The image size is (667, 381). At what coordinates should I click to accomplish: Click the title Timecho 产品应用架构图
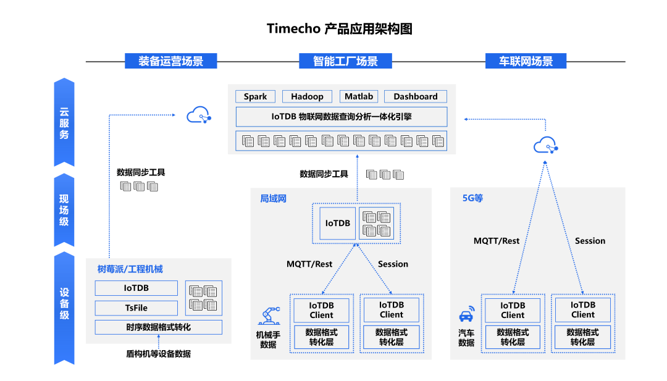pyautogui.click(x=339, y=29)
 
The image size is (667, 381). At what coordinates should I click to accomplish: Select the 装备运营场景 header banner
pyautogui.click(x=170, y=61)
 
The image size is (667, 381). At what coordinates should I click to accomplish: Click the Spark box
pyautogui.click(x=255, y=96)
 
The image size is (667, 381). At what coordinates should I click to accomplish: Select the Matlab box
pyautogui.click(x=358, y=96)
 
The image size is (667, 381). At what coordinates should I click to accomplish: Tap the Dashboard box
pyautogui.click(x=415, y=96)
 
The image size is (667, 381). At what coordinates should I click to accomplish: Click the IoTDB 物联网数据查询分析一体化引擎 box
pyautogui.click(x=341, y=116)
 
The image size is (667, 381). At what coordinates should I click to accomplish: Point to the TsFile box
pyautogui.click(x=136, y=308)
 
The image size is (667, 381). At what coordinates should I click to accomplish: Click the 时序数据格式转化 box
pyautogui.click(x=158, y=327)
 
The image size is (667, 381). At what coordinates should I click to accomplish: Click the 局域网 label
pyautogui.click(x=273, y=199)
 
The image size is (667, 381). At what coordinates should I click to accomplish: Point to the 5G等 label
pyautogui.click(x=472, y=199)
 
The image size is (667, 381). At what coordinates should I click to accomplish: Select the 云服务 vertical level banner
pyautogui.click(x=64, y=123)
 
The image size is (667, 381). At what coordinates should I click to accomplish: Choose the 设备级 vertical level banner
pyautogui.click(x=64, y=305)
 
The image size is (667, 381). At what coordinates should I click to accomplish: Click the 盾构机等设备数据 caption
pyautogui.click(x=158, y=354)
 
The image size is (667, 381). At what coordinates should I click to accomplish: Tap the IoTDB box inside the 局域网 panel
pyautogui.click(x=337, y=223)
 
